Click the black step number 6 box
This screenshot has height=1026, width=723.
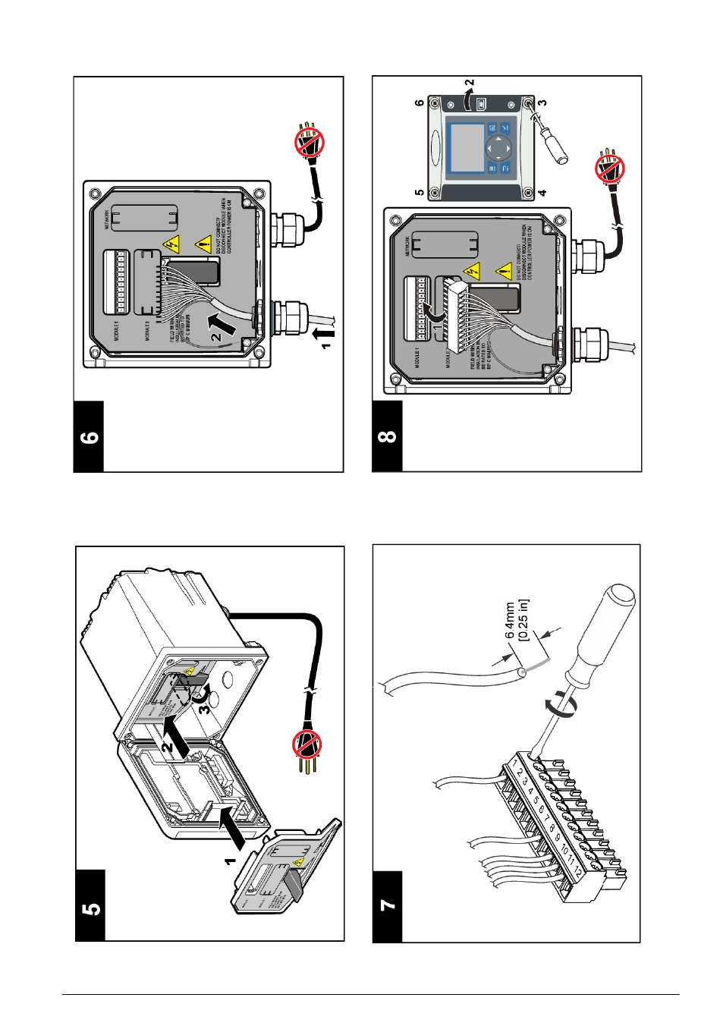pyautogui.click(x=89, y=437)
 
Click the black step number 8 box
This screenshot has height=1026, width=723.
pyautogui.click(x=387, y=436)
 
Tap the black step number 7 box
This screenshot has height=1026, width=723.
pyautogui.click(x=387, y=906)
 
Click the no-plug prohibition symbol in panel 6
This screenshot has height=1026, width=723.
pyautogui.click(x=310, y=142)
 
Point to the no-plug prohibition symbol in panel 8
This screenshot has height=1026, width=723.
pyautogui.click(x=609, y=169)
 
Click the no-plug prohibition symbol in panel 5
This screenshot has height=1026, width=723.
pyautogui.click(x=307, y=745)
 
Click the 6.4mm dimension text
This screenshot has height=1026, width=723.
pyautogui.click(x=511, y=620)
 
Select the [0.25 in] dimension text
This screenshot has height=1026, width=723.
pyautogui.click(x=523, y=620)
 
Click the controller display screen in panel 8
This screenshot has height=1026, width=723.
pyautogui.click(x=468, y=147)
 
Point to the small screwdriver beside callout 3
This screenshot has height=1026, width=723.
pyautogui.click(x=546, y=137)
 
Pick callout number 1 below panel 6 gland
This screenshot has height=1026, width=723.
pyautogui.click(x=326, y=345)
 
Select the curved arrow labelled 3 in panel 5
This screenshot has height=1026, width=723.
pyautogui.click(x=203, y=705)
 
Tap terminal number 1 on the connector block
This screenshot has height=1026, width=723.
pyautogui.click(x=516, y=762)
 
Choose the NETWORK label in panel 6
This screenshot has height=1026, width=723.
pyautogui.click(x=107, y=219)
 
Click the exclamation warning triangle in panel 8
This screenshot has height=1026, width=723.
pyautogui.click(x=504, y=270)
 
